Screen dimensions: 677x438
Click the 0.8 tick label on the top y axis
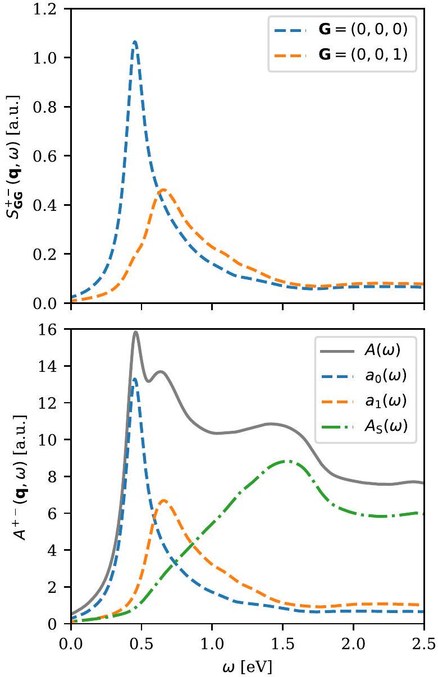point(51,107)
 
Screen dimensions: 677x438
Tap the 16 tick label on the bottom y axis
point(56,330)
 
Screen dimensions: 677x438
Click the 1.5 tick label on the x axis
point(282,639)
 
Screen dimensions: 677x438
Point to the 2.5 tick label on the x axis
point(422,639)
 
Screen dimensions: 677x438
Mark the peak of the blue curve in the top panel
point(135,42)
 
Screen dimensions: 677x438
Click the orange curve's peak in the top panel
point(163,190)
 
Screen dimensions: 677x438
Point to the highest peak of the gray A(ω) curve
point(135,332)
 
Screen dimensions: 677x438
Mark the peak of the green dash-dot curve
point(287,461)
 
